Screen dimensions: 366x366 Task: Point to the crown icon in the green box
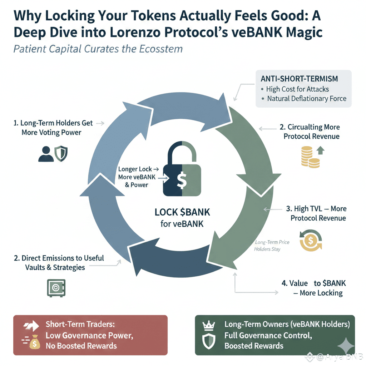tap(208, 325)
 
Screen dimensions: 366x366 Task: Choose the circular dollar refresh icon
tap(310, 241)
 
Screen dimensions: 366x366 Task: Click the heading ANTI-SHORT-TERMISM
tap(300, 79)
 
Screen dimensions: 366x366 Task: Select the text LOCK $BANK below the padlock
tap(182, 212)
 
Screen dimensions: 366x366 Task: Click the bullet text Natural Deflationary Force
tap(307, 98)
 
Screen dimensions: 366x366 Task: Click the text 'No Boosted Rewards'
tap(81, 346)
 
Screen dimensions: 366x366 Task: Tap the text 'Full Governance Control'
tap(268, 336)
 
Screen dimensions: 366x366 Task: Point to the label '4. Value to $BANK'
tap(313, 283)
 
